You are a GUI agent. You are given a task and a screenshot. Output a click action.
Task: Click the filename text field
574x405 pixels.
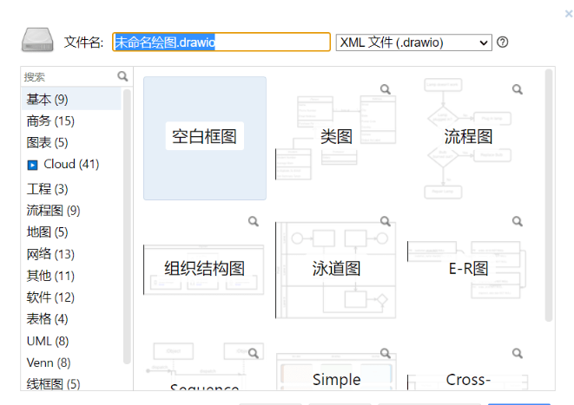[221, 42]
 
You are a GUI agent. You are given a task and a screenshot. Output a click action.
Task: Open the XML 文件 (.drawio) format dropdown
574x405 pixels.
[413, 42]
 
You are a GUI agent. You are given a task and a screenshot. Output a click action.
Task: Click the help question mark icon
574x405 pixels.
[502, 42]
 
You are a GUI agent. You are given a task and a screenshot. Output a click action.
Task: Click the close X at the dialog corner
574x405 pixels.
[568, 13]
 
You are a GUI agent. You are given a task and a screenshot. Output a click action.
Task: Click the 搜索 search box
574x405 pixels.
[69, 76]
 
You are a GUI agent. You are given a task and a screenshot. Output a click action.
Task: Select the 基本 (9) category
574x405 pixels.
[47, 99]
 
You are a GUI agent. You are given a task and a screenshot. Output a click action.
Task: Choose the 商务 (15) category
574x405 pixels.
[50, 121]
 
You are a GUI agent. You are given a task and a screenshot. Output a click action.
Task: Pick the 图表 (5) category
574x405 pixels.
[47, 142]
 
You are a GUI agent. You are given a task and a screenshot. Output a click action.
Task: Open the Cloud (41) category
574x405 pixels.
[70, 164]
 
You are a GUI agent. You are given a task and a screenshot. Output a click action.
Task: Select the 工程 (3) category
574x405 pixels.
[47, 188]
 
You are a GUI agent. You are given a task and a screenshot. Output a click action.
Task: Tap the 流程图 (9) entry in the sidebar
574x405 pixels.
[53, 210]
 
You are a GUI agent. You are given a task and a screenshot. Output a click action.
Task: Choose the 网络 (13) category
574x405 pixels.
[50, 254]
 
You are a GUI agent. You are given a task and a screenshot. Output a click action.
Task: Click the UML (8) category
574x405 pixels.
[47, 341]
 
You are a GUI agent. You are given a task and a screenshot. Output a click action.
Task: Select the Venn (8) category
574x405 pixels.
[49, 363]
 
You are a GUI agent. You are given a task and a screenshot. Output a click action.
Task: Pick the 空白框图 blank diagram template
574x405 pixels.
[204, 137]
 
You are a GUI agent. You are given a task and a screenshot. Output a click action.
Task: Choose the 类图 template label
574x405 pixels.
[336, 137]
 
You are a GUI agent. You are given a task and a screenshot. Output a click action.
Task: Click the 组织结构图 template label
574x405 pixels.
[204, 269]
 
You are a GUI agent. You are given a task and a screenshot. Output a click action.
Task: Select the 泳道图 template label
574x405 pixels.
[336, 269]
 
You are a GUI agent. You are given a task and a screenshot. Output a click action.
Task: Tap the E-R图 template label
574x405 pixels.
[468, 269]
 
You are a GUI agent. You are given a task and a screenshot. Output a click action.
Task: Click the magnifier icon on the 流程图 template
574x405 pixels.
[518, 89]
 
